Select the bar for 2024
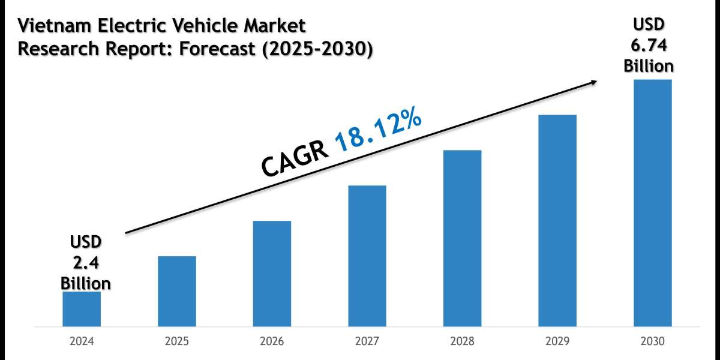point(82,309)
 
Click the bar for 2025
point(177,292)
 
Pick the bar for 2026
point(272,274)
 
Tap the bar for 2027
point(367,256)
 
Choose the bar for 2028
point(462,238)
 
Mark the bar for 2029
point(557,221)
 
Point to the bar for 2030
point(653,203)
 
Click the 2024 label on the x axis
point(82,341)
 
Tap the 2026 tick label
point(272,341)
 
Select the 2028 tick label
point(462,341)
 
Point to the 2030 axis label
point(653,341)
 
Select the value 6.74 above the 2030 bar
point(649,46)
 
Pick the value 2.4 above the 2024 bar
point(85,262)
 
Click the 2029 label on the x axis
point(557,341)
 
